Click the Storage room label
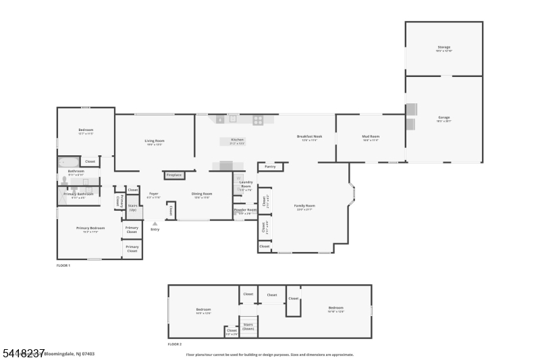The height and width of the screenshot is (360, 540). click(x=443, y=47)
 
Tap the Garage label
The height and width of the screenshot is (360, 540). click(x=443, y=118)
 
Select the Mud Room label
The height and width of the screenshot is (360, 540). click(x=371, y=136)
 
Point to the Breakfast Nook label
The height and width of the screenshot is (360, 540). click(x=309, y=136)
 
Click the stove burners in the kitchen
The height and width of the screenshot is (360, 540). click(x=258, y=120)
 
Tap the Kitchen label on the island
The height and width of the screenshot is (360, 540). click(x=237, y=140)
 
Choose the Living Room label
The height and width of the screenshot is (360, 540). click(x=155, y=141)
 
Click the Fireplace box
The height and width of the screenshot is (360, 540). click(x=174, y=175)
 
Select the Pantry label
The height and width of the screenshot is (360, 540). click(x=270, y=166)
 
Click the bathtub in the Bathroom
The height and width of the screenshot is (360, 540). click(x=69, y=162)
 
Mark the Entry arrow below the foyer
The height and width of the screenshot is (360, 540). click(x=155, y=224)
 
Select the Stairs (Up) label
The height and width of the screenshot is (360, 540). click(x=134, y=208)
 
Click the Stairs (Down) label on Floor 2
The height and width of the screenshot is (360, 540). click(x=248, y=326)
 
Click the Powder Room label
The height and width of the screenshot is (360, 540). click(x=245, y=210)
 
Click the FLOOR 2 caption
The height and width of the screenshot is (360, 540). click(x=175, y=344)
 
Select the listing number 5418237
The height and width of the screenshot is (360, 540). click(x=23, y=353)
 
